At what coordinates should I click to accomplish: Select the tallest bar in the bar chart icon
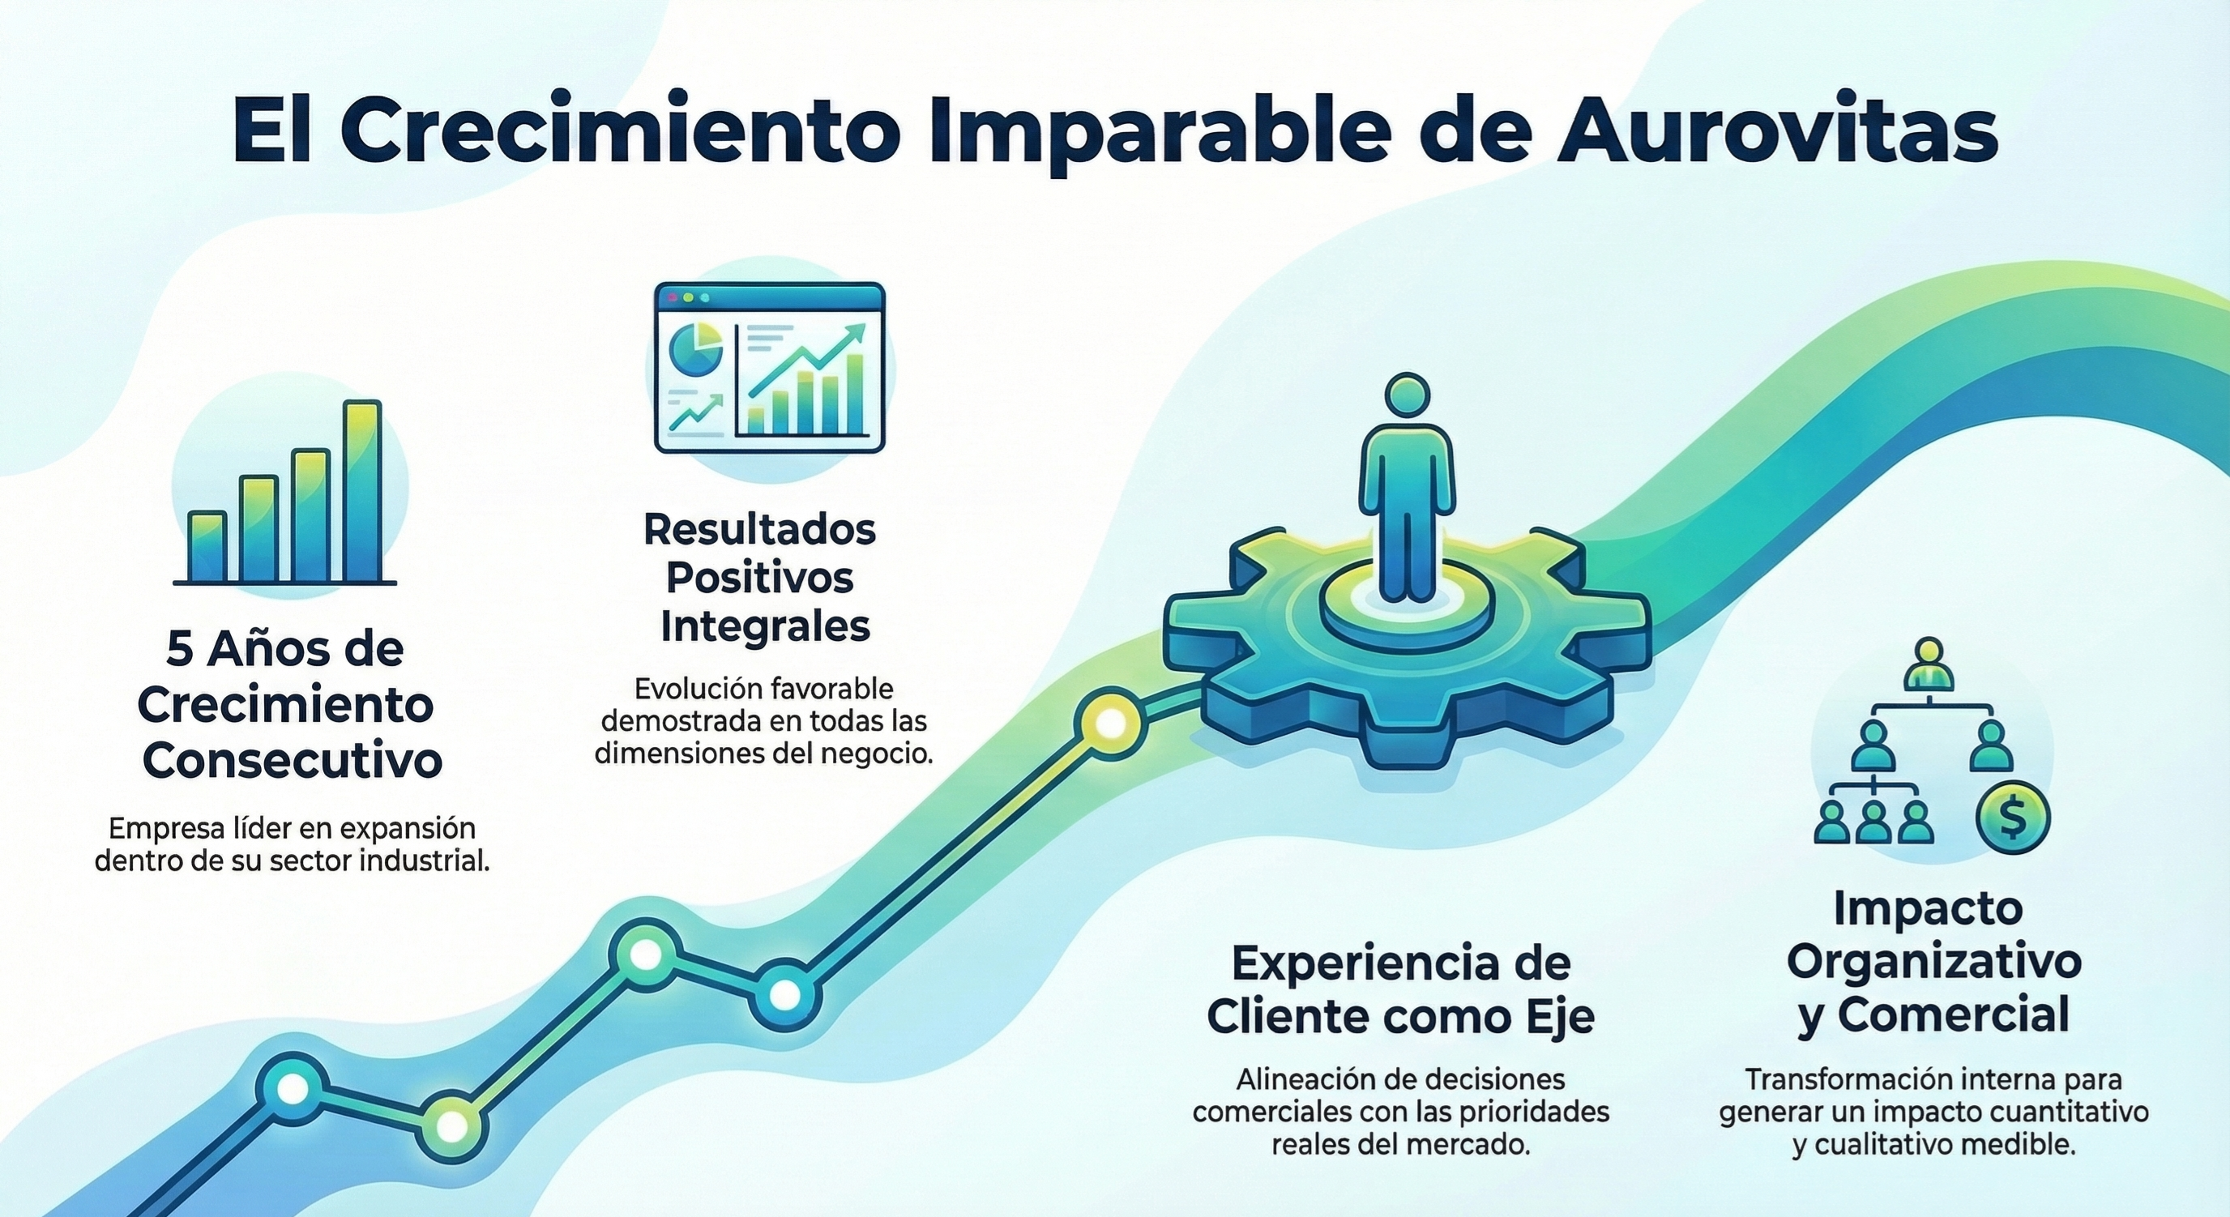362,490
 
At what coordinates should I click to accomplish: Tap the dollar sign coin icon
2014,820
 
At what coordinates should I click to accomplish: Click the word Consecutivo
292,760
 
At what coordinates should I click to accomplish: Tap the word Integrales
764,626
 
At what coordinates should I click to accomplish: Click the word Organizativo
1934,962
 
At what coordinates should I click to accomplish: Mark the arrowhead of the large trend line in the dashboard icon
857,331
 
